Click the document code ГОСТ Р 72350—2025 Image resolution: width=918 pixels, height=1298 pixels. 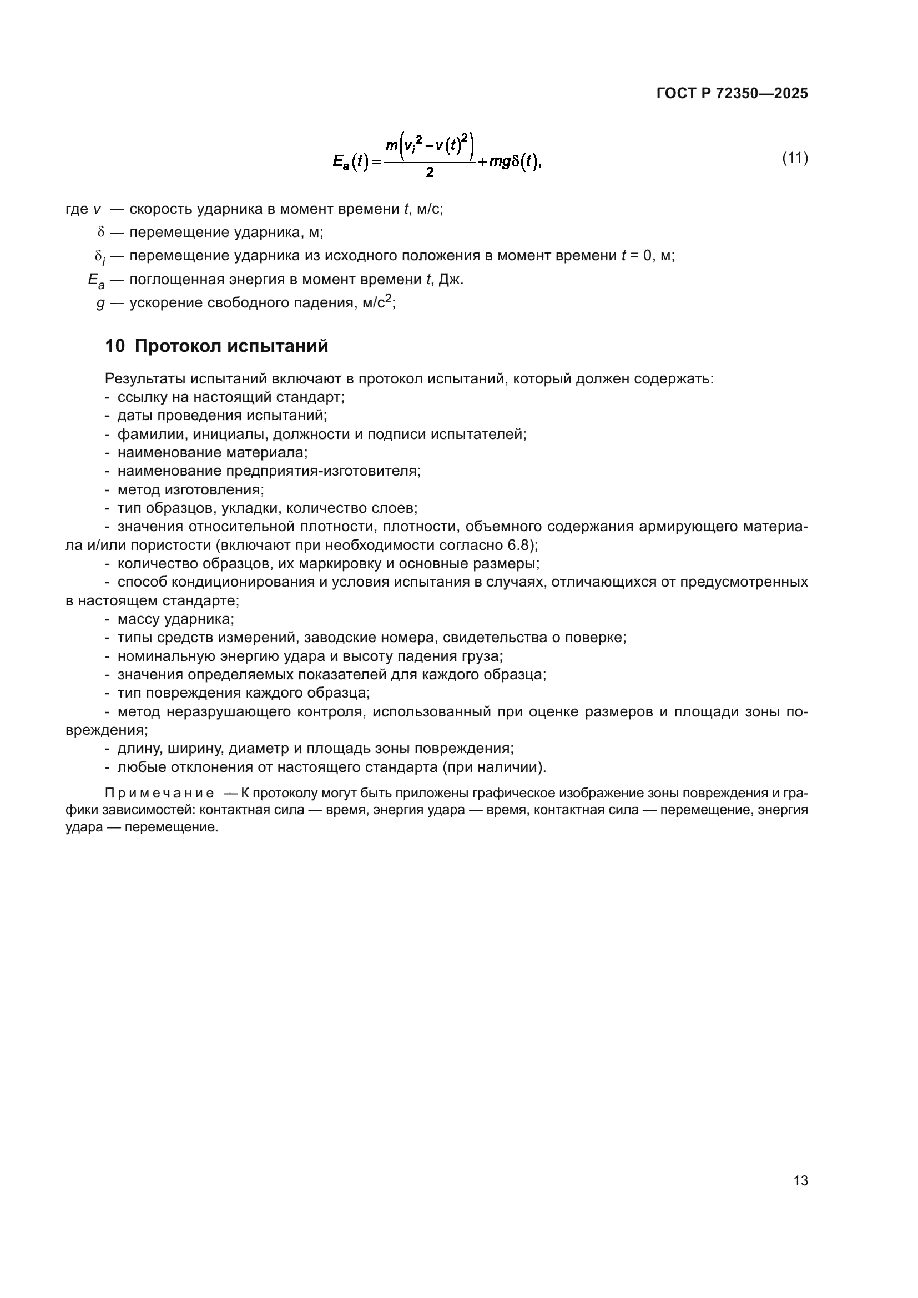[732, 93]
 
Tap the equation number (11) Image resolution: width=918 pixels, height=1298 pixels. [795, 158]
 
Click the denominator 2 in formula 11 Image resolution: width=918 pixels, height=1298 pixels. [430, 173]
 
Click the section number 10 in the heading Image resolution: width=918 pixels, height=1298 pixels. [115, 346]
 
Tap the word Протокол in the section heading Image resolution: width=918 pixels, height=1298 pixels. [178, 346]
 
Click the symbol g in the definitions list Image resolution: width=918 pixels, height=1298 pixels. [100, 304]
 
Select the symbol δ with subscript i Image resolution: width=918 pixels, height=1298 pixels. [100, 257]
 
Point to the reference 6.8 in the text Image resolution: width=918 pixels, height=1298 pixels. [521, 546]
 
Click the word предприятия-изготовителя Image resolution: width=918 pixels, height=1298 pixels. [323, 471]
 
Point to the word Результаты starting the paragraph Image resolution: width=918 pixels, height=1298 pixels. [145, 379]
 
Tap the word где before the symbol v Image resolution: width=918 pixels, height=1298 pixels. [77, 210]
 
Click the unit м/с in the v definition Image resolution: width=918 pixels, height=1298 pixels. [428, 210]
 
